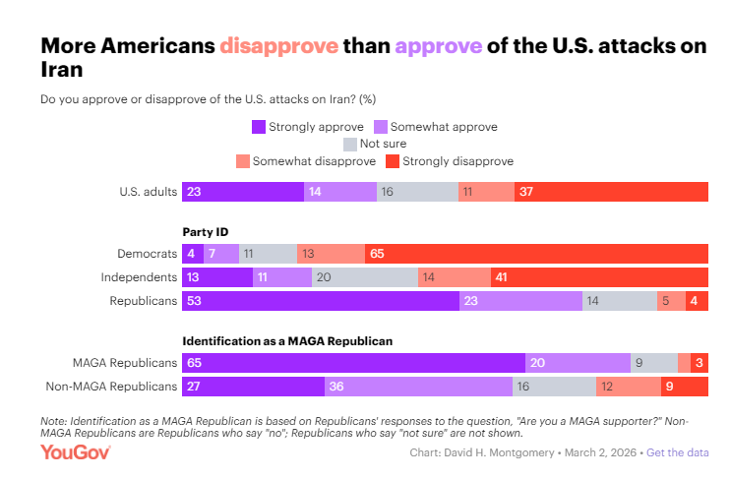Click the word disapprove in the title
tap(279, 46)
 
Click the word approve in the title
tap(438, 46)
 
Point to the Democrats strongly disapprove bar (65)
tap(536, 254)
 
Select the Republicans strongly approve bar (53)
tap(321, 302)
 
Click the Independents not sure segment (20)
tap(365, 277)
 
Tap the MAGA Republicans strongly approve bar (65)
tap(353, 363)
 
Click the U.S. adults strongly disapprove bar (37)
tap(611, 192)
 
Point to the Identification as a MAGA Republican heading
tap(287, 340)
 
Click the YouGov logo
tap(76, 452)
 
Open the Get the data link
tap(679, 452)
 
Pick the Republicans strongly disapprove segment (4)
tap(697, 302)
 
